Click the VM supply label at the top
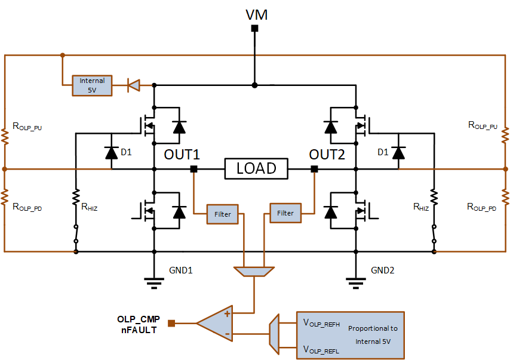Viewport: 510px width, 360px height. pyautogui.click(x=256, y=15)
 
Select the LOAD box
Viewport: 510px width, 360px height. pyautogui.click(x=256, y=168)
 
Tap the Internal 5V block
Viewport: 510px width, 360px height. pyautogui.click(x=92, y=85)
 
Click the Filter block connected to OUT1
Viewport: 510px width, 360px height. pyautogui.click(x=223, y=214)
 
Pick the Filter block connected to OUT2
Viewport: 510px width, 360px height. pyautogui.click(x=285, y=213)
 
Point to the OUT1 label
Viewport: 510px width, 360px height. pyautogui.click(x=182, y=155)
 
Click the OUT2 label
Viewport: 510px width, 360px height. pyautogui.click(x=327, y=155)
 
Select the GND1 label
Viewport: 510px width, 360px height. pyautogui.click(x=181, y=270)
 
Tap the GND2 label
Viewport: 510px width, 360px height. pyautogui.click(x=382, y=270)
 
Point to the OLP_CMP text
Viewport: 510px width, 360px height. pyautogui.click(x=139, y=319)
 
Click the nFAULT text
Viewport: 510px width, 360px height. pyautogui.click(x=139, y=330)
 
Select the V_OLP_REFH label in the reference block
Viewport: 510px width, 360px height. pyautogui.click(x=321, y=323)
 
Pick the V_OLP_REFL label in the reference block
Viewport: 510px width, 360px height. pyautogui.click(x=321, y=350)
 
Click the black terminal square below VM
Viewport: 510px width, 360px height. pyautogui.click(x=254, y=28)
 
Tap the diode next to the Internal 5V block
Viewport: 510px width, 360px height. pyautogui.click(x=133, y=85)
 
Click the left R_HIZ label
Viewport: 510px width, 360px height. pyautogui.click(x=90, y=207)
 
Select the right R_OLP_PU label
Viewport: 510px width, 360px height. pyautogui.click(x=483, y=125)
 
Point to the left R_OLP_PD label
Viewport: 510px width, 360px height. pyautogui.click(x=27, y=207)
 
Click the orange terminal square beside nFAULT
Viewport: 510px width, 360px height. pyautogui.click(x=171, y=323)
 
